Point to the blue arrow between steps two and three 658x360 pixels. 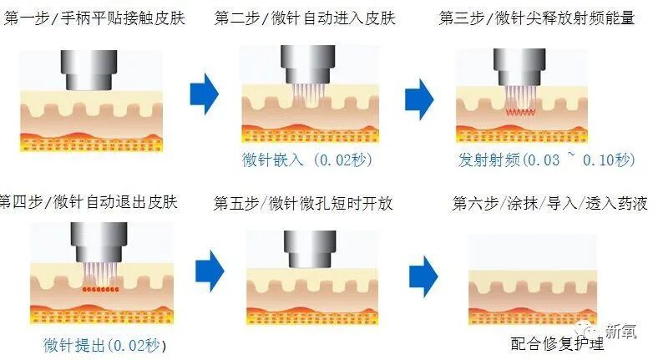[420, 97]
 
